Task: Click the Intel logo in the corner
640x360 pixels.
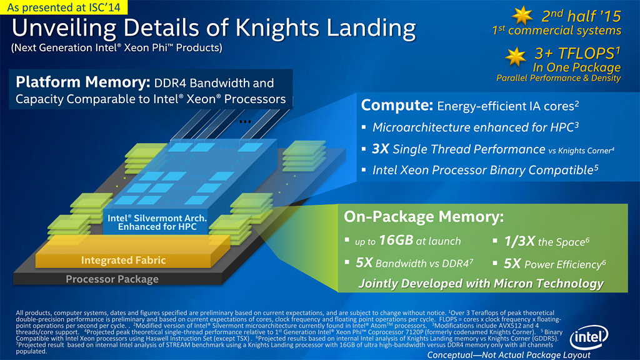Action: (589, 337)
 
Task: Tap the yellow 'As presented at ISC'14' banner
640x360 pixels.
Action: (64, 7)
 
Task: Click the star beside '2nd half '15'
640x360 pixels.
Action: (522, 16)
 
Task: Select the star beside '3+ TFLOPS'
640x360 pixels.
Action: (516, 57)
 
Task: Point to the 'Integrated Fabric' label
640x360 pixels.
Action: (123, 260)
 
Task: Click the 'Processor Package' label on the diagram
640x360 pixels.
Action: (112, 279)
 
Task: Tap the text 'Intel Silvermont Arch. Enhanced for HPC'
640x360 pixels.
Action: (157, 222)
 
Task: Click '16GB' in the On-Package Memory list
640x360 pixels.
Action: (396, 240)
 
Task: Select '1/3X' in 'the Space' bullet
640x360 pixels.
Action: (519, 241)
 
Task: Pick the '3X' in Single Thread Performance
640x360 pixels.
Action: (381, 149)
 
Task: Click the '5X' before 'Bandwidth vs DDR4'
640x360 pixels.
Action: (364, 262)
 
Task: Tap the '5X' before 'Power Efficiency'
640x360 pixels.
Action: (512, 264)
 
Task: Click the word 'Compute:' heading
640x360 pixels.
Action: (397, 105)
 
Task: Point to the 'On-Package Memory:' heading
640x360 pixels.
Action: (424, 216)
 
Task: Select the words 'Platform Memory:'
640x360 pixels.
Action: (83, 82)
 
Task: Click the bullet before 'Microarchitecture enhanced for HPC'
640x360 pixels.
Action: (364, 127)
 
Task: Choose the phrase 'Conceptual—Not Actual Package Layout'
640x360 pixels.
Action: (509, 355)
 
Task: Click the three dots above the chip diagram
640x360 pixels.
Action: (245, 121)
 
